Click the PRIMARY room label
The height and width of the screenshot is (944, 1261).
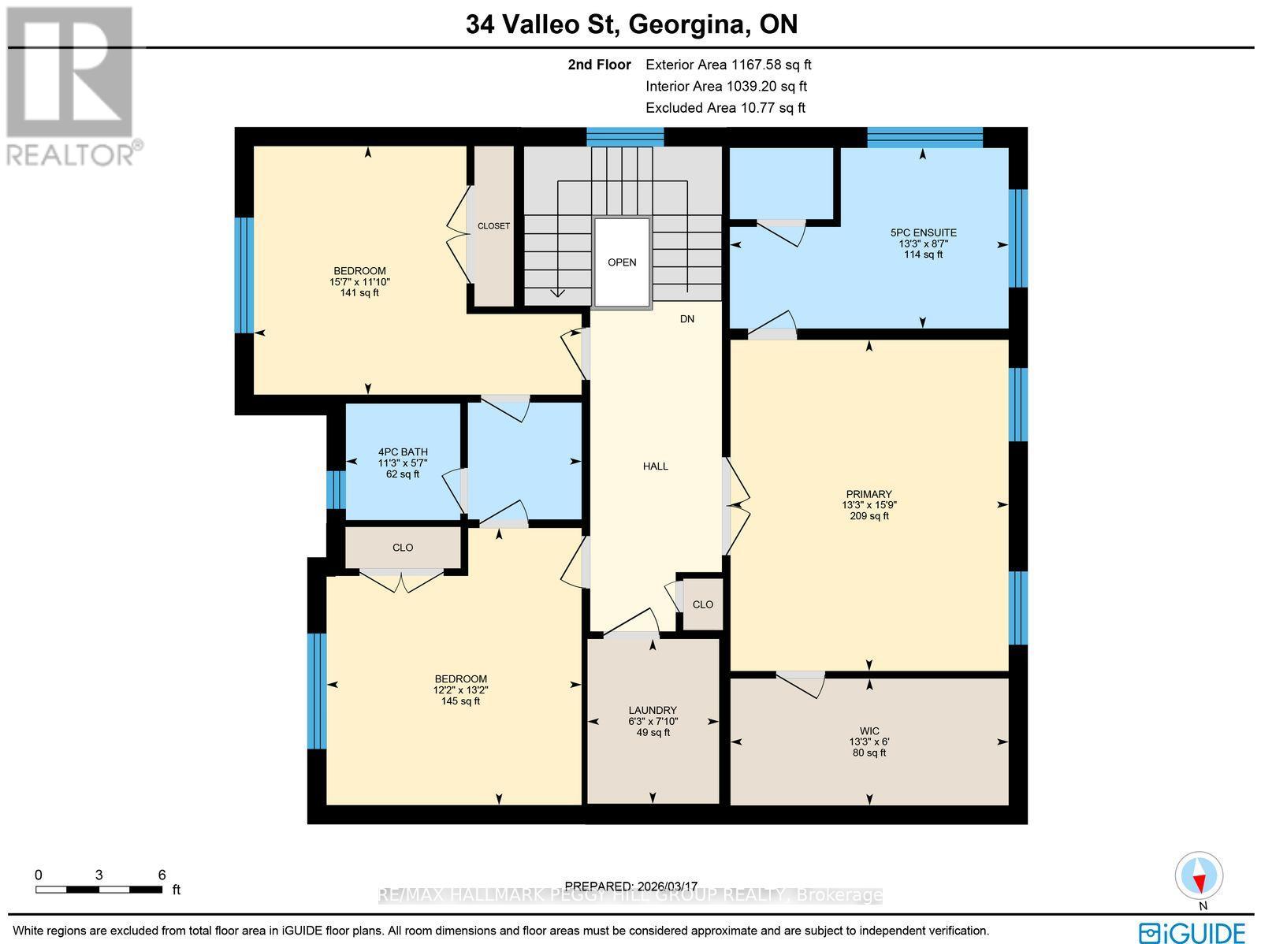coord(869,494)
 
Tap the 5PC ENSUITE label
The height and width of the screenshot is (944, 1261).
coord(923,232)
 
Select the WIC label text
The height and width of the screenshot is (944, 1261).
coord(869,730)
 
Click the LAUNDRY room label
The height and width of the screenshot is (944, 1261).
coord(653,710)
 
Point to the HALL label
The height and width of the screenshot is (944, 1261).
coord(655,466)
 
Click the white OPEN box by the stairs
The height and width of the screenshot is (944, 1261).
coord(622,262)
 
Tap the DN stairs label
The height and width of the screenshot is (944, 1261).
coord(687,319)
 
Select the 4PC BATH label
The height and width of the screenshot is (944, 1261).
coord(403,452)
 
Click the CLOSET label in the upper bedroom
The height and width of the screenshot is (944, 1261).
coord(493,226)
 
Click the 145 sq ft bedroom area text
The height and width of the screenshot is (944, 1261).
coord(460,701)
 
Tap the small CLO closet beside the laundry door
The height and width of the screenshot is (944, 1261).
coord(702,604)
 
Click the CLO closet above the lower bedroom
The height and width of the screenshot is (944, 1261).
coord(403,548)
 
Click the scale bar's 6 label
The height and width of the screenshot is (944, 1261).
coord(162,875)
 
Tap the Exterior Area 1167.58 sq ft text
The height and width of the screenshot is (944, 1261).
coord(728,65)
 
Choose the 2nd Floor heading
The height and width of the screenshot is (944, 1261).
coord(599,65)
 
